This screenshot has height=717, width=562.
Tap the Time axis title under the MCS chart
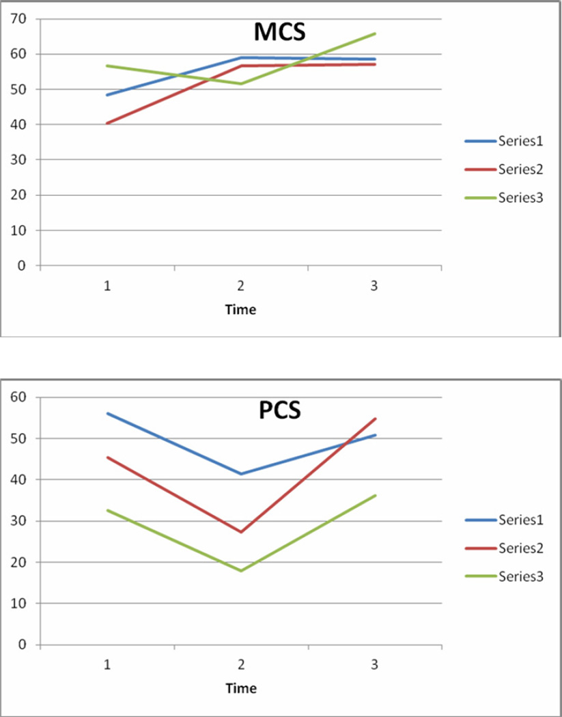pos(240,310)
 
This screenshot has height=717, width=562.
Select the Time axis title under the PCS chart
pos(240,689)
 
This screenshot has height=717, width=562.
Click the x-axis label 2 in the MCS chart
pos(240,286)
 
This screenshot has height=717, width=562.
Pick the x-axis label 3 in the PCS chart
pos(374,665)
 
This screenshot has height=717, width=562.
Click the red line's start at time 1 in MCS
pos(107,124)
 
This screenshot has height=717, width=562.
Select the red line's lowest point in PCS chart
pos(240,532)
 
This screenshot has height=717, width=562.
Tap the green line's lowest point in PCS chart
pos(240,570)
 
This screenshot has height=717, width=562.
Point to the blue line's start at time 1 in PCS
pos(107,413)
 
